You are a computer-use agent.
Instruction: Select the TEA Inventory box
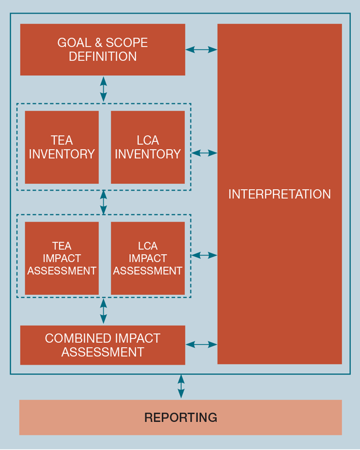point(62,147)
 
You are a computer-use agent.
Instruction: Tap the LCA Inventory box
point(148,147)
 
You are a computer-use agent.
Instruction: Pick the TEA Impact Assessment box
point(62,258)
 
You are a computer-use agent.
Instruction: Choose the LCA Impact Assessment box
point(148,258)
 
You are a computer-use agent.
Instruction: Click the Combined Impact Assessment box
point(102,345)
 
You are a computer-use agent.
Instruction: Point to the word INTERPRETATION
point(280,194)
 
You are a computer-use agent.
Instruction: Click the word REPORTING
point(180,417)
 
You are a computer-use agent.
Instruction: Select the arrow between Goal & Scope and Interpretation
point(201,50)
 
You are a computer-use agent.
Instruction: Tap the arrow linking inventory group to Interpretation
point(204,153)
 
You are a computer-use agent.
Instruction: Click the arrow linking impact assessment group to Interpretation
point(204,255)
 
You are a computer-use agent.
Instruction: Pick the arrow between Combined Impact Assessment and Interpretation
point(201,345)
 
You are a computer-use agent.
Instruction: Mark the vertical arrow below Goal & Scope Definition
point(104,89)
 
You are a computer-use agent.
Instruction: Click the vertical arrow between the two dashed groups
point(104,202)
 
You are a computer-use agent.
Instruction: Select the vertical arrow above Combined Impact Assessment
point(104,311)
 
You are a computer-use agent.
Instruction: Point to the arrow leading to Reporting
point(181,387)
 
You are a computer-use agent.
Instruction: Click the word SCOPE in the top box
point(127,43)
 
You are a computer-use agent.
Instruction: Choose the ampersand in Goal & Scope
point(98,43)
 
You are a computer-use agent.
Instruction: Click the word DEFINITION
point(102,57)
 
